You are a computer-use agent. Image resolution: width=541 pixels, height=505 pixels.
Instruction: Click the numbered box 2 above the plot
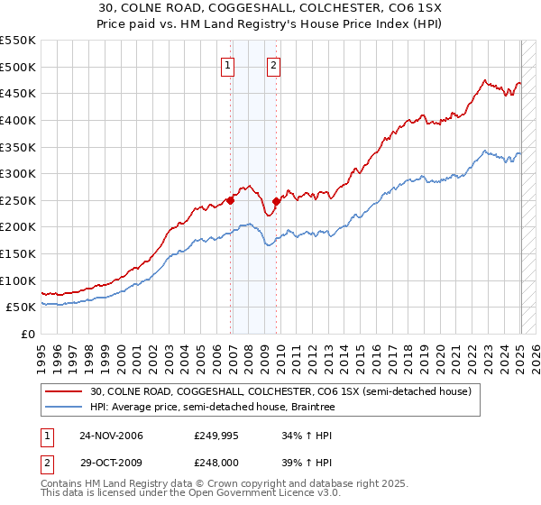272,65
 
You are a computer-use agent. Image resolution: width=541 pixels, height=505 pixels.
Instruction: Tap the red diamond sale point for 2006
231,200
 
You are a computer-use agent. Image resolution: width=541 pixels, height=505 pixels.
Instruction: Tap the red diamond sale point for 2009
277,201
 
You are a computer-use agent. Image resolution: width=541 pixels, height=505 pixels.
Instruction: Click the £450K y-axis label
18,93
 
